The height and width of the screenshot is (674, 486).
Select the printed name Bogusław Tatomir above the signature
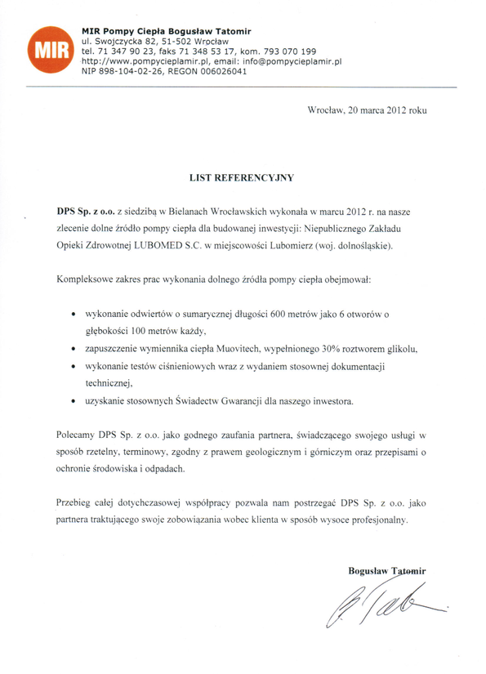[381, 569]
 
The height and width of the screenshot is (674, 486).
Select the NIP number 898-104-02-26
[127, 71]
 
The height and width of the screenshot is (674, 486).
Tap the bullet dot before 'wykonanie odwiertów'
[74, 314]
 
